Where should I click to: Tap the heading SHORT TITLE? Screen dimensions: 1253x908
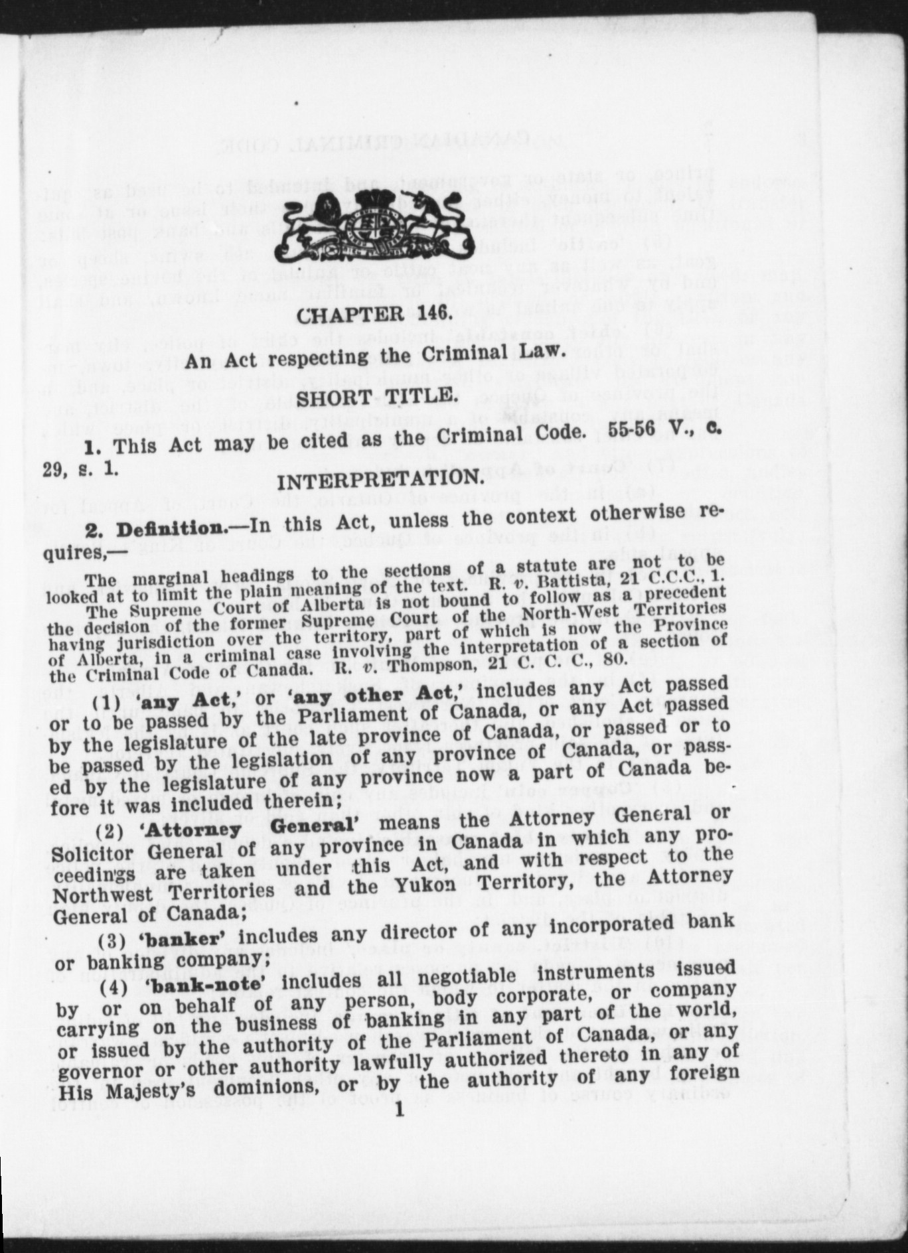(377, 396)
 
